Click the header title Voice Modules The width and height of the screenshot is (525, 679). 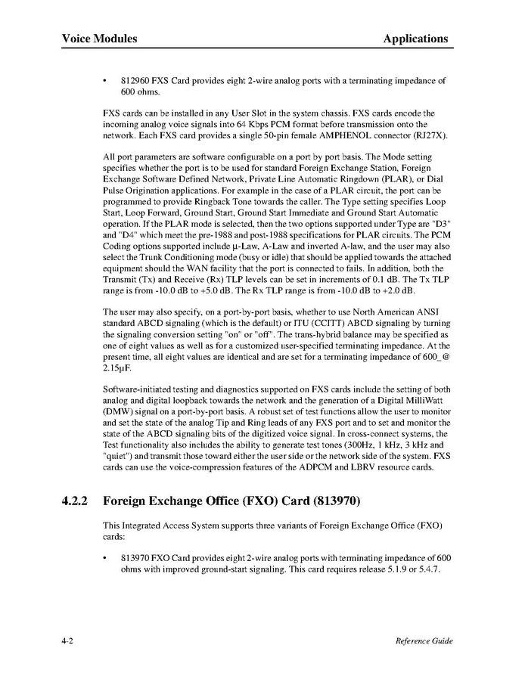(99, 39)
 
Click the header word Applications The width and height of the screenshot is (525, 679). (415, 39)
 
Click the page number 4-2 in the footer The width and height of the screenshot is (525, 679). (70, 641)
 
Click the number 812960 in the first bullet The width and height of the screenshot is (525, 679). (136, 79)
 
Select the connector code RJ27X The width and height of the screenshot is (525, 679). (430, 136)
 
